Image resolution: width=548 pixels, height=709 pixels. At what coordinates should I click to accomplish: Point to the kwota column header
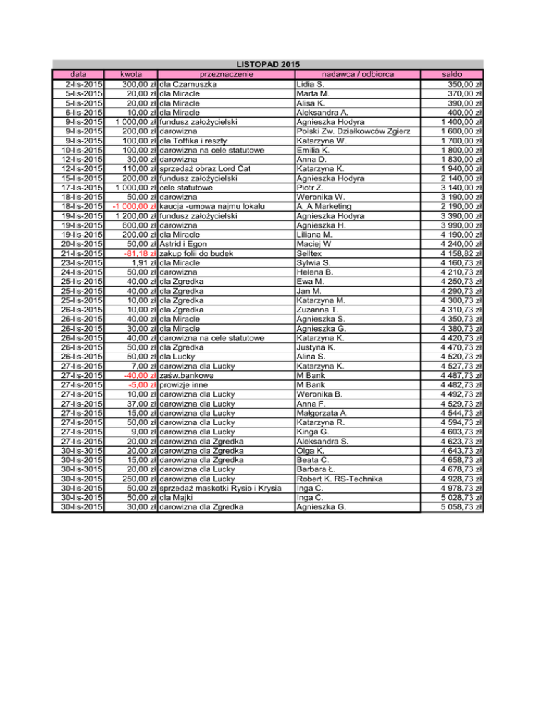click(131, 74)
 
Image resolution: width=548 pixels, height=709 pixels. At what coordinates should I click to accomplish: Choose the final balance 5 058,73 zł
click(460, 508)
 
